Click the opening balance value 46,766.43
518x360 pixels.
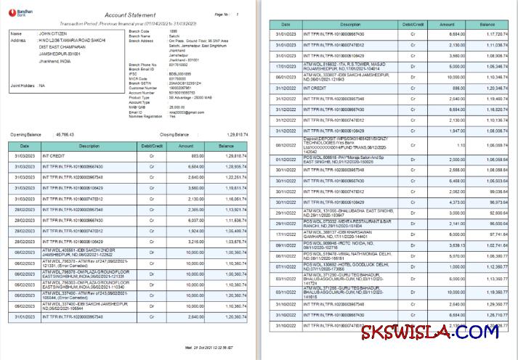(65, 134)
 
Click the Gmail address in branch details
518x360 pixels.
(143, 112)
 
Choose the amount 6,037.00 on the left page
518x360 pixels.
(197, 220)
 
